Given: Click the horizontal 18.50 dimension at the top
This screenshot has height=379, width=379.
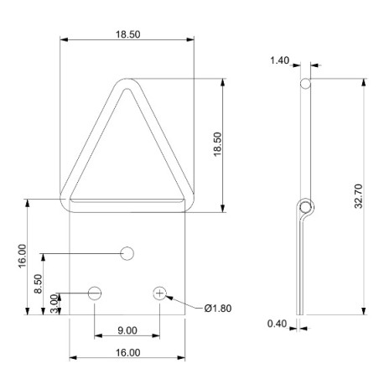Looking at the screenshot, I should click(x=127, y=34).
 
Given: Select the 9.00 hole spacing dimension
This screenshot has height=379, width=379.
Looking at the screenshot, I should click(x=127, y=330).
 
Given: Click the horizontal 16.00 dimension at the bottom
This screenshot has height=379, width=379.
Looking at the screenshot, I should click(x=127, y=353).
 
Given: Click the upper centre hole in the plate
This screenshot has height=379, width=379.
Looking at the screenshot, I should click(x=127, y=252).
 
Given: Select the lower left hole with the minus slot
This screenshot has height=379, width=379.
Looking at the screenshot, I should click(x=94, y=293).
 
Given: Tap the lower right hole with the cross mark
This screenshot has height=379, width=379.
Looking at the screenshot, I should click(x=160, y=293).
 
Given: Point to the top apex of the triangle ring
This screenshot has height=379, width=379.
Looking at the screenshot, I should click(x=127, y=82).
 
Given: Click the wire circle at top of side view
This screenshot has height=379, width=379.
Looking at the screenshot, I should click(x=306, y=83).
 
